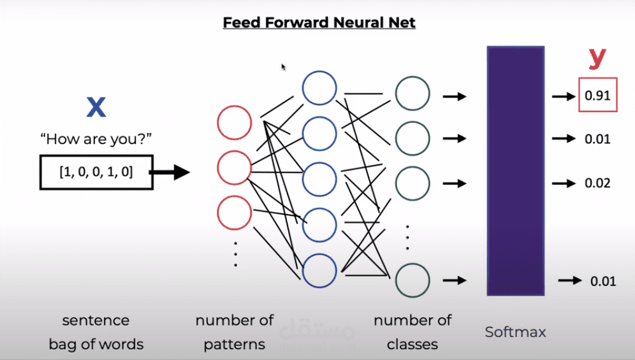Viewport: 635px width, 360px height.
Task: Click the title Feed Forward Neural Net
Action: (x=319, y=23)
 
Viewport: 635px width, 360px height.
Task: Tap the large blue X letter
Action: (x=96, y=107)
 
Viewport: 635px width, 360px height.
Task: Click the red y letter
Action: (x=597, y=58)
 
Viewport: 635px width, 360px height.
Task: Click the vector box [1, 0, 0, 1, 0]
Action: (x=96, y=171)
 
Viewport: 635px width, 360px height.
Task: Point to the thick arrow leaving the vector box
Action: (x=172, y=172)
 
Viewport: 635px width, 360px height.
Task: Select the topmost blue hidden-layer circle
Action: (x=319, y=87)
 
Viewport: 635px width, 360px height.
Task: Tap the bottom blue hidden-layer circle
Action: (x=319, y=270)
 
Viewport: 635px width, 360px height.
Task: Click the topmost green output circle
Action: (x=412, y=94)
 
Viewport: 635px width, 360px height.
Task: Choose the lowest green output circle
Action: (x=412, y=280)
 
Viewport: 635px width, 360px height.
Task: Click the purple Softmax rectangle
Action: (x=515, y=170)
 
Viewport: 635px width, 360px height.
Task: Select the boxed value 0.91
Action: (x=598, y=96)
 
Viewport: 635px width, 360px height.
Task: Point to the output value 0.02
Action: (x=598, y=184)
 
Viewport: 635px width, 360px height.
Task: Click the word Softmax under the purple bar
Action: (x=515, y=332)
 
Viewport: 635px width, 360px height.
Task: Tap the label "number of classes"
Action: (x=412, y=332)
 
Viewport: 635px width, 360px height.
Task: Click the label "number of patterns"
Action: (x=235, y=332)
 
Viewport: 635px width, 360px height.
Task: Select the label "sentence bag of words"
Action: (x=96, y=332)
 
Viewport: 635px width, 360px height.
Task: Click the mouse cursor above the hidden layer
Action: (x=283, y=66)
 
